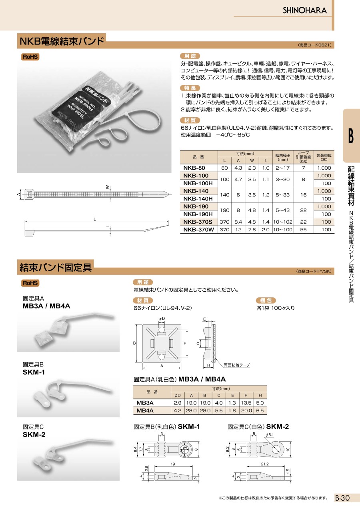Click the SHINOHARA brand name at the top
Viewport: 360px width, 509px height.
click(x=305, y=10)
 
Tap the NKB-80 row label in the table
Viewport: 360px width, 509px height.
click(x=194, y=168)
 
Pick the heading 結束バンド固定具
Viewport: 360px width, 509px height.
click(x=56, y=267)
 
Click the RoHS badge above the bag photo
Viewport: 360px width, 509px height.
click(x=30, y=57)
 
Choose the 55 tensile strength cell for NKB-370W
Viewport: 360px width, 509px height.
click(x=303, y=230)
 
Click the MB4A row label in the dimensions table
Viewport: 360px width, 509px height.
click(x=145, y=410)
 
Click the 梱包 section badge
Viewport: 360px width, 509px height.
click(x=266, y=301)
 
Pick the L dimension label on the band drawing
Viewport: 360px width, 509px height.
click(x=95, y=219)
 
